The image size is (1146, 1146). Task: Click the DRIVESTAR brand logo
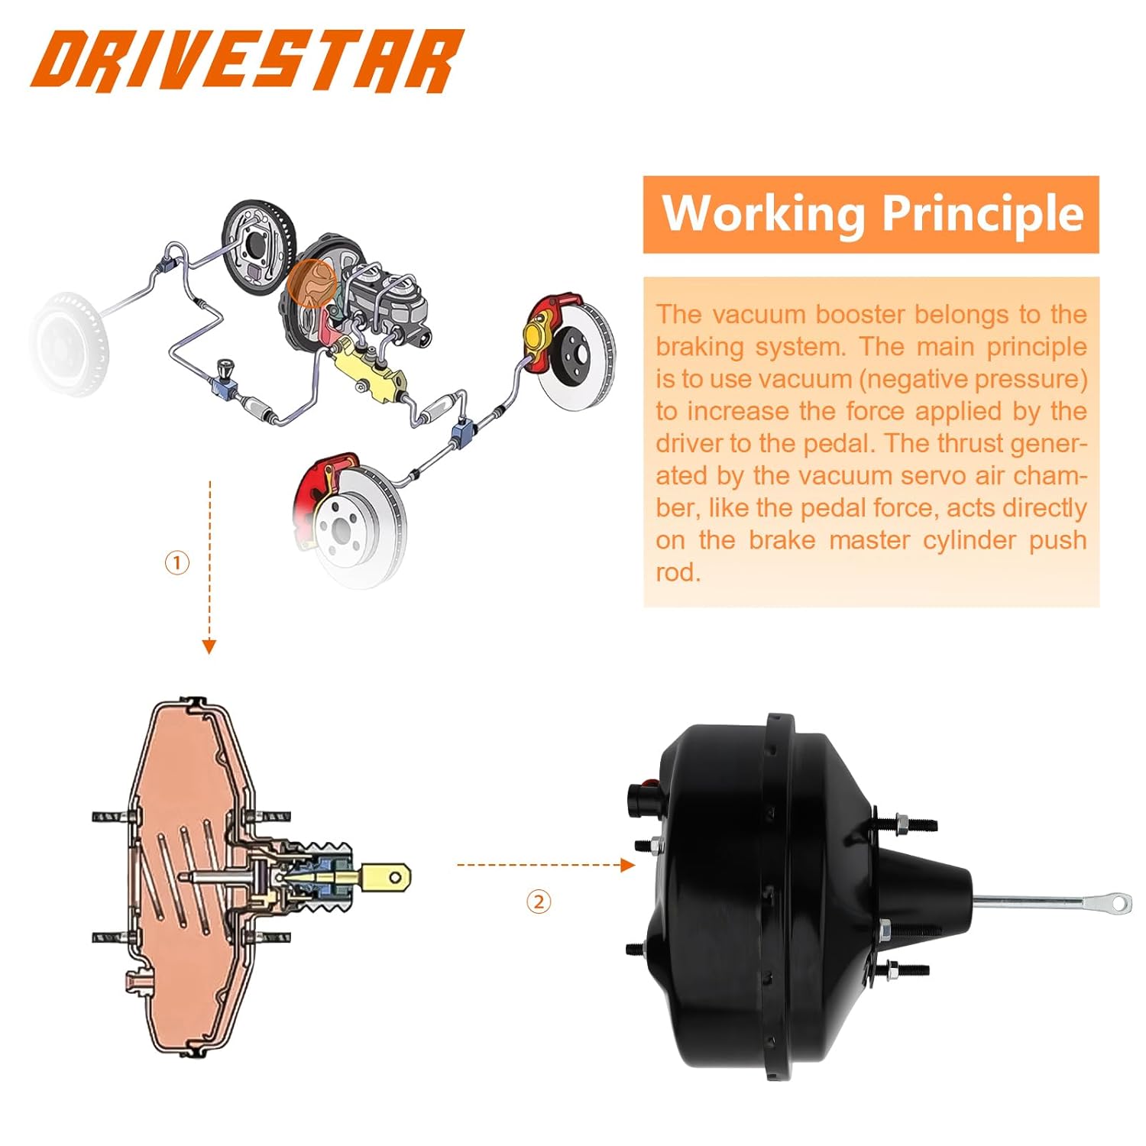pyautogui.click(x=246, y=61)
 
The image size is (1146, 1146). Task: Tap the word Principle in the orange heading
pyautogui.click(x=983, y=214)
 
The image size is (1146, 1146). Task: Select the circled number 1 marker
pyautogui.click(x=177, y=563)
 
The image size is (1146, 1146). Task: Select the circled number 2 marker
pyautogui.click(x=539, y=902)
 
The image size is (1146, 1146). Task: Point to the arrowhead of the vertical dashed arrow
pyautogui.click(x=209, y=646)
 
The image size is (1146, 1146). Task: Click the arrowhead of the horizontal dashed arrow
pyautogui.click(x=627, y=865)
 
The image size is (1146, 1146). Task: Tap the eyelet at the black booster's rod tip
pyautogui.click(x=1119, y=903)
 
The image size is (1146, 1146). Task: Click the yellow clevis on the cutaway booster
pyautogui.click(x=387, y=878)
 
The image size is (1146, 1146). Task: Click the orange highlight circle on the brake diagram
pyautogui.click(x=312, y=283)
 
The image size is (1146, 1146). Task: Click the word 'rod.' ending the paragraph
pyautogui.click(x=678, y=572)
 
